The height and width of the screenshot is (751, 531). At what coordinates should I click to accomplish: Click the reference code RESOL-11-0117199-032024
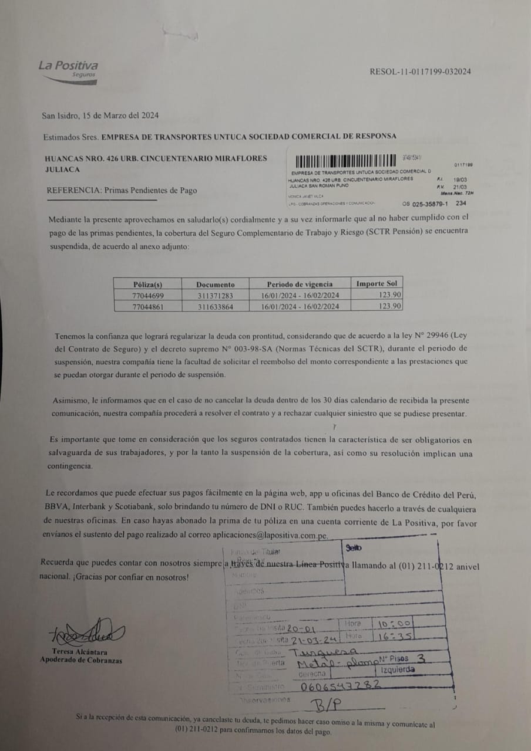[420, 72]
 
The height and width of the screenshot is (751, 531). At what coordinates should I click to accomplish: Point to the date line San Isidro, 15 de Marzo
[100, 116]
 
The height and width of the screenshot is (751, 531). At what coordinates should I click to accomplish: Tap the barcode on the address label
[345, 160]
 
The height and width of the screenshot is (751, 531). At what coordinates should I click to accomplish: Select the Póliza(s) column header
[147, 284]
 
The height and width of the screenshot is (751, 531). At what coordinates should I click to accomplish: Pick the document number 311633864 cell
[215, 306]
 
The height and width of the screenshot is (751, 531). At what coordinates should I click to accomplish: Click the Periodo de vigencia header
[300, 284]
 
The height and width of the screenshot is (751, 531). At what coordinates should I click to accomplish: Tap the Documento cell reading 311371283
[215, 295]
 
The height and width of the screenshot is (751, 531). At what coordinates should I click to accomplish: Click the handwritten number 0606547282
[338, 685]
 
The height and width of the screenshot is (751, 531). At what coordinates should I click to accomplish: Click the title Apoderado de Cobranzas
[81, 660]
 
